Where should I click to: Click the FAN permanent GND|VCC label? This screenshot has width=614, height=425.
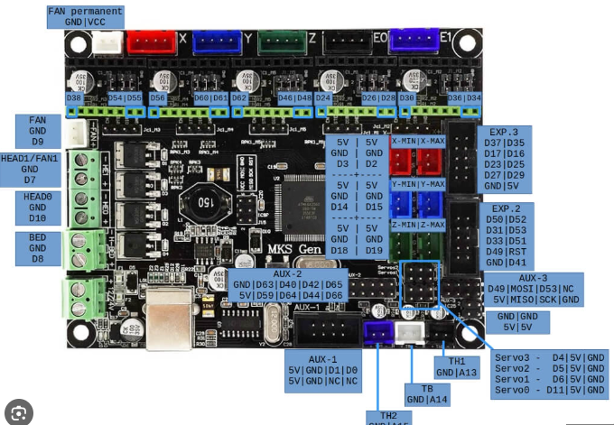85,16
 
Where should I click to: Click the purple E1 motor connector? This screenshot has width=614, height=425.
414,40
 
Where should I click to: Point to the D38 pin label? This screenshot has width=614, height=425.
73,97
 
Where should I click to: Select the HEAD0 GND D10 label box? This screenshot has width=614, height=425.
37,208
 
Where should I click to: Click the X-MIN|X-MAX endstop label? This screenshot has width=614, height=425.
417,141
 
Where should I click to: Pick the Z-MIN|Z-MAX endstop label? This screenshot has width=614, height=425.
417,225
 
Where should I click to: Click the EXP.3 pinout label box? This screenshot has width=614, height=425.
504,158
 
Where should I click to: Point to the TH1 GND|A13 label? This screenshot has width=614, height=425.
456,366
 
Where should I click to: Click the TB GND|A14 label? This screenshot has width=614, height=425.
427,393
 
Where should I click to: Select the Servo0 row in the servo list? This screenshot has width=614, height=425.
549,390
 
